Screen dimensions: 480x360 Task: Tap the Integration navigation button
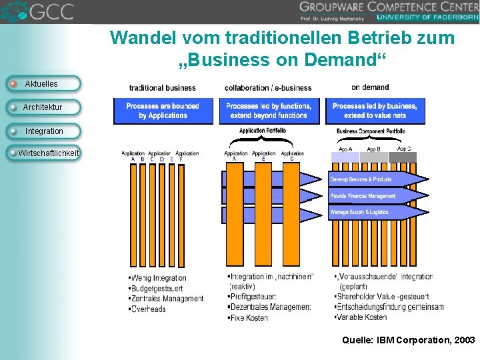(44, 131)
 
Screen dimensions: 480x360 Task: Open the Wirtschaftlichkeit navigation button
(47, 153)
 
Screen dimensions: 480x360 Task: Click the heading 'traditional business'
(162, 87)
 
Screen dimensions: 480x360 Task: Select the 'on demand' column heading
(370, 87)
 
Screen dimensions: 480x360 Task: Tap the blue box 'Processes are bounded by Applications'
(163, 111)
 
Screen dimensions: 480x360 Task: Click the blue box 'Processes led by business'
(375, 111)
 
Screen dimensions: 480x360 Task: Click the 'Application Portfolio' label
(263, 131)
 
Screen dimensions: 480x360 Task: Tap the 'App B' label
(373, 150)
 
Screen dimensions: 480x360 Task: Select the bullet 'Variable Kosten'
(363, 317)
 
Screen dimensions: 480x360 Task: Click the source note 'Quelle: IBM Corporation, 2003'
(408, 340)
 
